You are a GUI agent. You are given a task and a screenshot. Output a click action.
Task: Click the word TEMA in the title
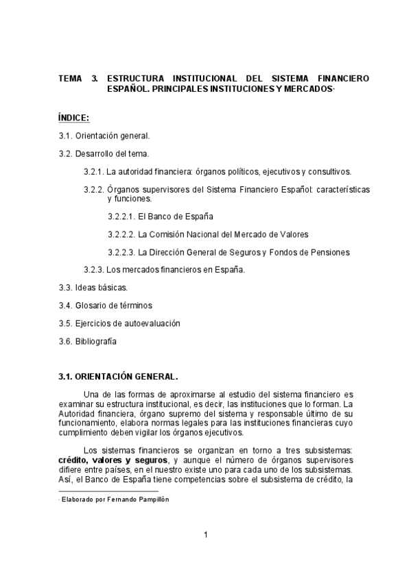click(x=70, y=79)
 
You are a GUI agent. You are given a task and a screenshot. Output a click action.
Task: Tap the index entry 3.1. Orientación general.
click(x=104, y=136)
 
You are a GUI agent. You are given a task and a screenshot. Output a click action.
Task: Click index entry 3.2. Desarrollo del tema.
click(x=104, y=154)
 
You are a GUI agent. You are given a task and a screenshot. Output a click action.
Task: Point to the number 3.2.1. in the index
click(x=93, y=171)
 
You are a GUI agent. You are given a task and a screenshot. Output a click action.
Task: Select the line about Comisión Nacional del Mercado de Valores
click(x=208, y=234)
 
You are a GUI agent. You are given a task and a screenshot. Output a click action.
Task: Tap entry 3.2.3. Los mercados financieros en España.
click(x=164, y=269)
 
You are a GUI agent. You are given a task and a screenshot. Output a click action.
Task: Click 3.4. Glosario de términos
click(x=105, y=305)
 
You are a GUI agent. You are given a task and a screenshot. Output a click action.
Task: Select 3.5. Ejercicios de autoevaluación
click(x=113, y=323)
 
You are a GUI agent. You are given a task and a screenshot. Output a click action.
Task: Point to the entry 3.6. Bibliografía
click(x=87, y=341)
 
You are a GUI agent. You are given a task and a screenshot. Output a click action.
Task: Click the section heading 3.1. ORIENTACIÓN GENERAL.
click(x=118, y=376)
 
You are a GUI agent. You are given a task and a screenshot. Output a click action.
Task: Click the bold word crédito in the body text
click(x=73, y=460)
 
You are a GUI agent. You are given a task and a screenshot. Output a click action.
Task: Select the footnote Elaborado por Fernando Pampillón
click(x=115, y=499)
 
